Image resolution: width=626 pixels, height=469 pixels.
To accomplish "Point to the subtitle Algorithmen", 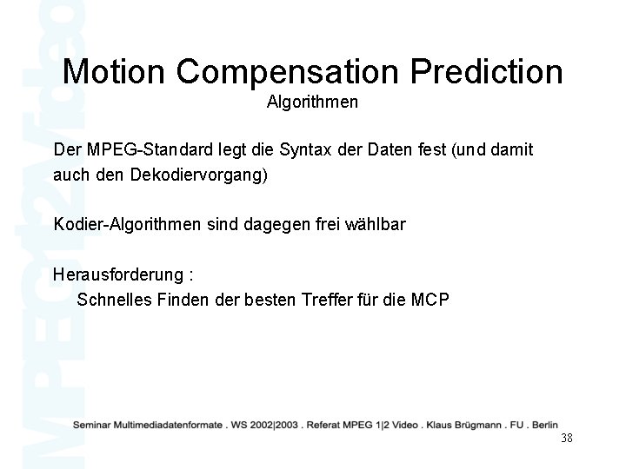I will (x=312, y=102).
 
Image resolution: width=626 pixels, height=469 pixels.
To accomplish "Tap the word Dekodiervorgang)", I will (x=199, y=175).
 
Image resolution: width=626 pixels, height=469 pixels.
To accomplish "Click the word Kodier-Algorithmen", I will (x=126, y=225).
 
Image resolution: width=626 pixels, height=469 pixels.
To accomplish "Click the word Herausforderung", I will (x=117, y=275).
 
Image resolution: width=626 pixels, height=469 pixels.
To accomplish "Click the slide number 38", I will (x=567, y=438).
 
